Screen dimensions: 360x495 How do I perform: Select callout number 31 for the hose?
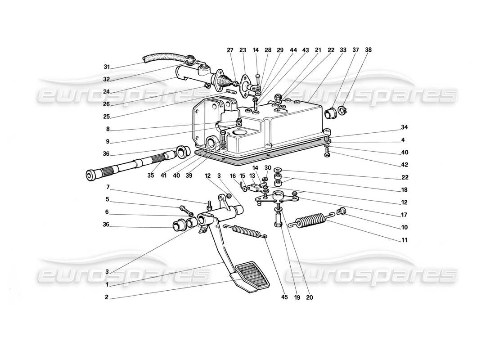point(107,67)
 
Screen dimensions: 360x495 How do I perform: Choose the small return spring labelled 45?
point(246,231)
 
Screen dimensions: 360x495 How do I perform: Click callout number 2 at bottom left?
point(107,298)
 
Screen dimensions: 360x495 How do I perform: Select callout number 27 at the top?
point(230,50)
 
